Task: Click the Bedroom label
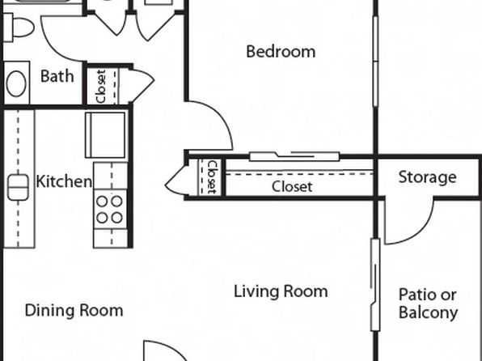(x=281, y=52)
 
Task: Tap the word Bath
(x=57, y=76)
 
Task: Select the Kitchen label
(x=64, y=181)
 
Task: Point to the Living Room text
(x=281, y=291)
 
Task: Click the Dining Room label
(x=74, y=310)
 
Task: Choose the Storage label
(x=427, y=177)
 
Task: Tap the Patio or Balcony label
(x=428, y=304)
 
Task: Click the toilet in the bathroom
(x=18, y=28)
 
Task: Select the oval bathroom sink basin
(x=16, y=83)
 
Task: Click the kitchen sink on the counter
(x=18, y=187)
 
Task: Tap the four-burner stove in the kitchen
(x=110, y=210)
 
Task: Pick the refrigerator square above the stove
(x=105, y=135)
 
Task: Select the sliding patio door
(x=374, y=285)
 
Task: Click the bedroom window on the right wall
(x=375, y=62)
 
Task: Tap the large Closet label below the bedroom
(x=292, y=186)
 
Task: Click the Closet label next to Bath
(x=101, y=86)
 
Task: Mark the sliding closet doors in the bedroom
(x=294, y=156)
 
